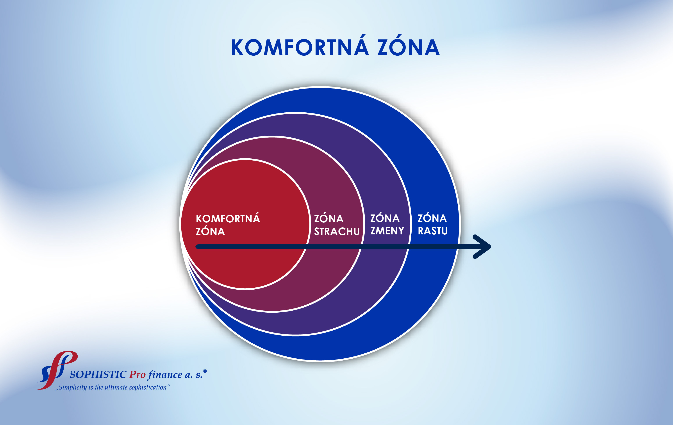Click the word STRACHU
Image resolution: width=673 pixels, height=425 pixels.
point(337,232)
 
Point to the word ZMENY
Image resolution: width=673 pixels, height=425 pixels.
point(387,231)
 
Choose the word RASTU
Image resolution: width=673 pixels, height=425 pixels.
point(433,231)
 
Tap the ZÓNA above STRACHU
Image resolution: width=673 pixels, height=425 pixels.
point(329,218)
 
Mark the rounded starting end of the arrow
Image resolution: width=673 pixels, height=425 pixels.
point(198,247)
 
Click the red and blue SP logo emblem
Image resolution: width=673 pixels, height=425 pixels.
point(57,370)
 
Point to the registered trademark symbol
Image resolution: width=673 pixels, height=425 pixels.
point(205,371)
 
